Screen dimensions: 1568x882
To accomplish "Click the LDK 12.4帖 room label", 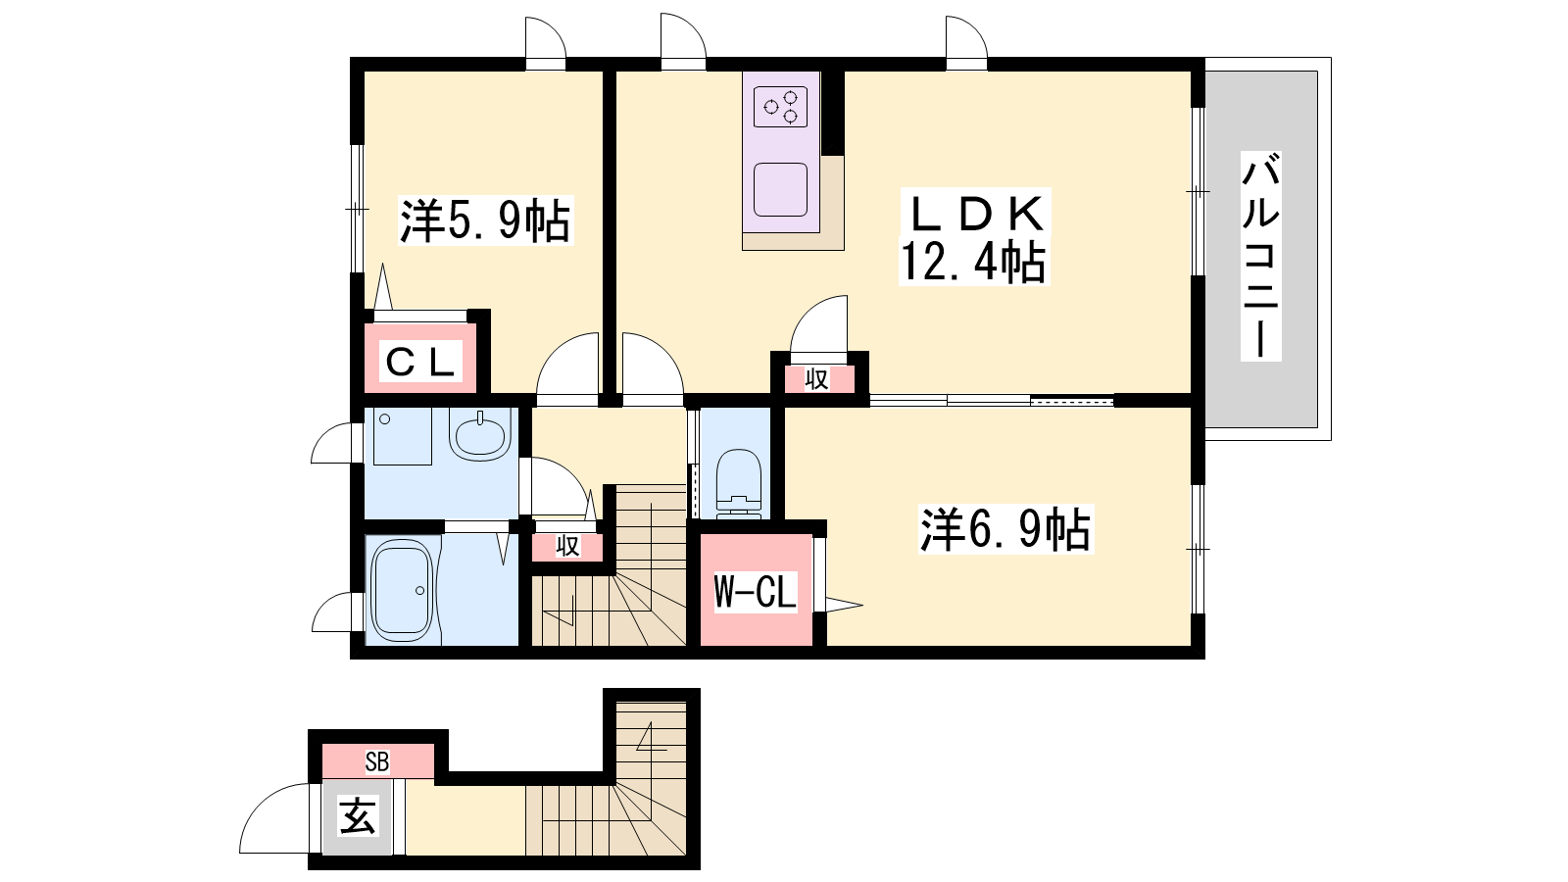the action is tap(974, 236).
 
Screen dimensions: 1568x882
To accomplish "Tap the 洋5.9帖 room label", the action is tap(486, 220).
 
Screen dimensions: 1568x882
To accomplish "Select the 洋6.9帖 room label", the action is tap(1005, 529).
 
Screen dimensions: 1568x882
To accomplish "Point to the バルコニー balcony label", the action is tap(1260, 256).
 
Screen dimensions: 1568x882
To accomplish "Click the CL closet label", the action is tap(420, 362).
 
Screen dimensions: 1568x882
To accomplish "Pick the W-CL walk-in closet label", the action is tap(756, 592).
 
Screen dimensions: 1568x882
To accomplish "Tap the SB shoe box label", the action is tap(377, 761).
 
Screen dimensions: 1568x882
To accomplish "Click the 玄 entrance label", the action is tap(358, 815).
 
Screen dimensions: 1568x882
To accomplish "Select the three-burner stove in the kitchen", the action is tap(780, 107).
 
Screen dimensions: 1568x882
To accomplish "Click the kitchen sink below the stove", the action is tap(780, 189).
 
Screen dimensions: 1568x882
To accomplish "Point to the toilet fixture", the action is tap(739, 483).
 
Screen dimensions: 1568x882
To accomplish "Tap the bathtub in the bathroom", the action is tap(401, 590).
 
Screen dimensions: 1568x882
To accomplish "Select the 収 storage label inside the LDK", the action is tap(817, 379).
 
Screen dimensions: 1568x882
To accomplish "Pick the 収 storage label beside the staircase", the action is tap(567, 546).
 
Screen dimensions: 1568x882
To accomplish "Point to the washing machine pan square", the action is tap(403, 436).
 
